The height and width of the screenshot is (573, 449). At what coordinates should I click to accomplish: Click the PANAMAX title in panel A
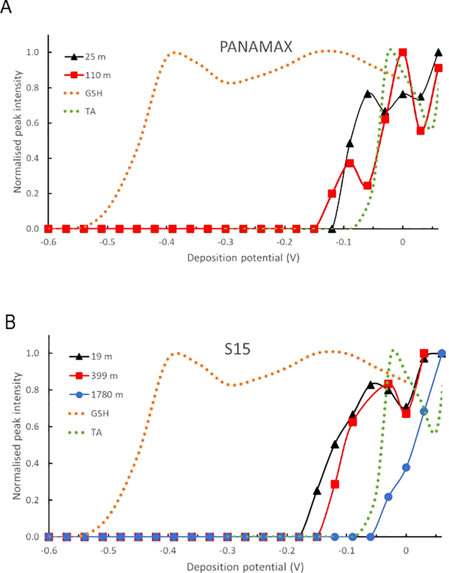(x=256, y=47)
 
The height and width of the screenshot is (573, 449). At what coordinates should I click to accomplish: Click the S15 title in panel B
(x=237, y=349)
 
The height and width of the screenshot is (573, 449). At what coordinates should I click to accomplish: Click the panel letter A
(x=6, y=7)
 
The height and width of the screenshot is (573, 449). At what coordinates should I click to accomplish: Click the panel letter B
(x=10, y=323)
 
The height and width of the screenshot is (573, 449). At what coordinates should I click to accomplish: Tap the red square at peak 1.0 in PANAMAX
(x=403, y=52)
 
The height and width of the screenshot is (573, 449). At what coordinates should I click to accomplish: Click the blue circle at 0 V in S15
(x=406, y=467)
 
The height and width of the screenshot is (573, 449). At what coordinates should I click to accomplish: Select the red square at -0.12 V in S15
(x=335, y=484)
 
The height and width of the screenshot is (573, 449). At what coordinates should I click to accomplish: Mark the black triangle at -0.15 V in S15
(x=317, y=491)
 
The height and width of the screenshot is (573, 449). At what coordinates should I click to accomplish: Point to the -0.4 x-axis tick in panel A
(x=166, y=242)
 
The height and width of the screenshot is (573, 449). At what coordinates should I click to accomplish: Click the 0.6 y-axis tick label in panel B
(x=33, y=426)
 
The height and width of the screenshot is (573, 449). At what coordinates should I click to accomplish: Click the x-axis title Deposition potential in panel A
(x=243, y=258)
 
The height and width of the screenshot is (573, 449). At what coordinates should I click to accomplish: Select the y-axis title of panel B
(x=17, y=436)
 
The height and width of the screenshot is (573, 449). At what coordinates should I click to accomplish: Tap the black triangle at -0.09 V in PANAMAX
(x=350, y=144)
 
